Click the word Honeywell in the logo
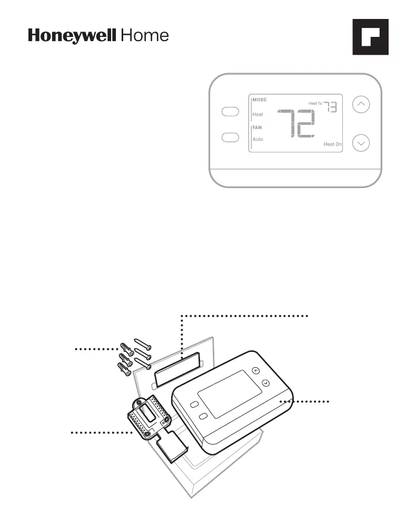[73, 36]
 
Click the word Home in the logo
[145, 36]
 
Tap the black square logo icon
[370, 37]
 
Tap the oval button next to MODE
[231, 112]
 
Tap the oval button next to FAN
[231, 137]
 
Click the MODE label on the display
[260, 100]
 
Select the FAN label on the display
[257, 127]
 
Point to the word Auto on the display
[257, 140]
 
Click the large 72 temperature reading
[296, 124]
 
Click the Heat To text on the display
[315, 104]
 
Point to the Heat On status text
[332, 144]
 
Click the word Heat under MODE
[257, 114]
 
